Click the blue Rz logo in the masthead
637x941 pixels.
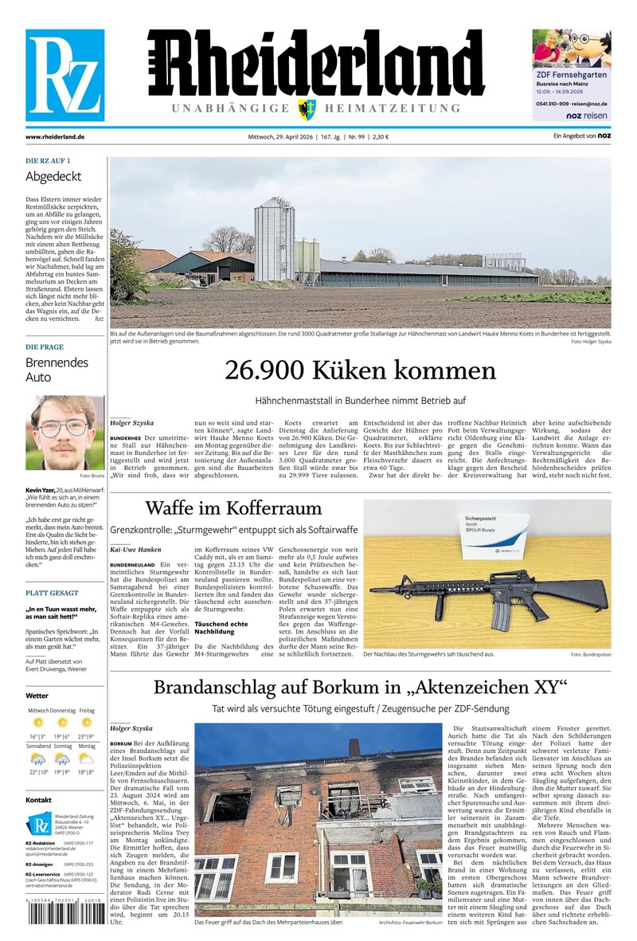click(64, 75)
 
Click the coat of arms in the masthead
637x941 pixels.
click(305, 109)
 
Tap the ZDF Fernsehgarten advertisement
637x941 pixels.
click(571, 75)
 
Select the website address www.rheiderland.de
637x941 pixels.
click(55, 137)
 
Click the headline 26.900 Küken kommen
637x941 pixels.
click(360, 371)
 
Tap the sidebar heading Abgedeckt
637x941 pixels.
click(53, 176)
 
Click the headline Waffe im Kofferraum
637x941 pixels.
click(233, 508)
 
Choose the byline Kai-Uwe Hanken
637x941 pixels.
click(135, 550)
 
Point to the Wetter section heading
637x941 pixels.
click(37, 696)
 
